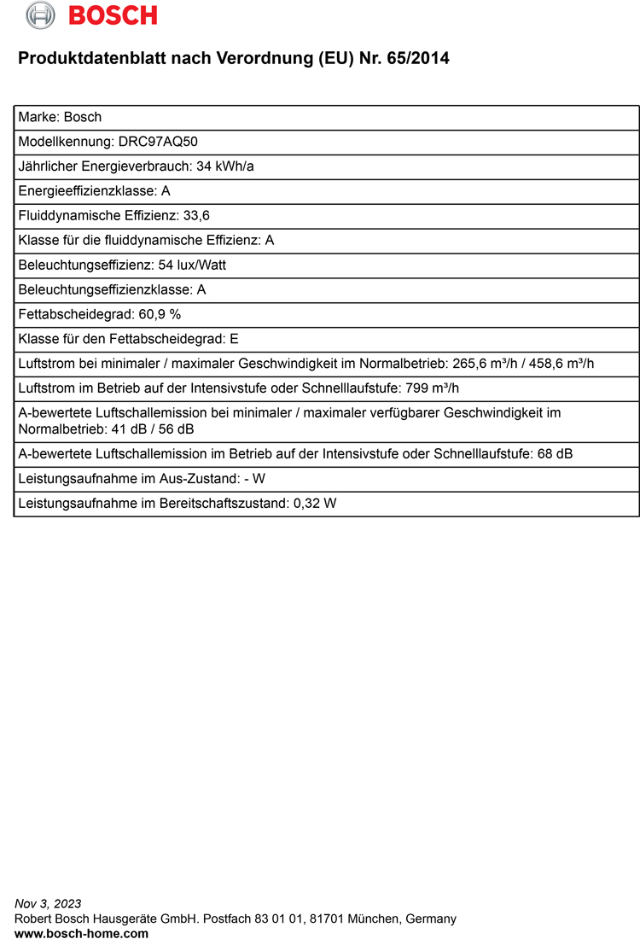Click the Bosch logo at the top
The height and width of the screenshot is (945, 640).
pos(92,15)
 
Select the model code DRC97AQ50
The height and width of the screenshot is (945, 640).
pos(150,142)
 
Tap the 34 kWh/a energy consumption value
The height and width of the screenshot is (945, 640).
pos(225,166)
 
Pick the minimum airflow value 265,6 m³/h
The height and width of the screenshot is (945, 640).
pos(479,364)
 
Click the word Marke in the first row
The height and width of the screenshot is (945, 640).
pos(38,117)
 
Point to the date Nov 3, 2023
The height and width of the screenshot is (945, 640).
pos(49,903)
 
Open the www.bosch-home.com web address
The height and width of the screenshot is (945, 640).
pos(82,934)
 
